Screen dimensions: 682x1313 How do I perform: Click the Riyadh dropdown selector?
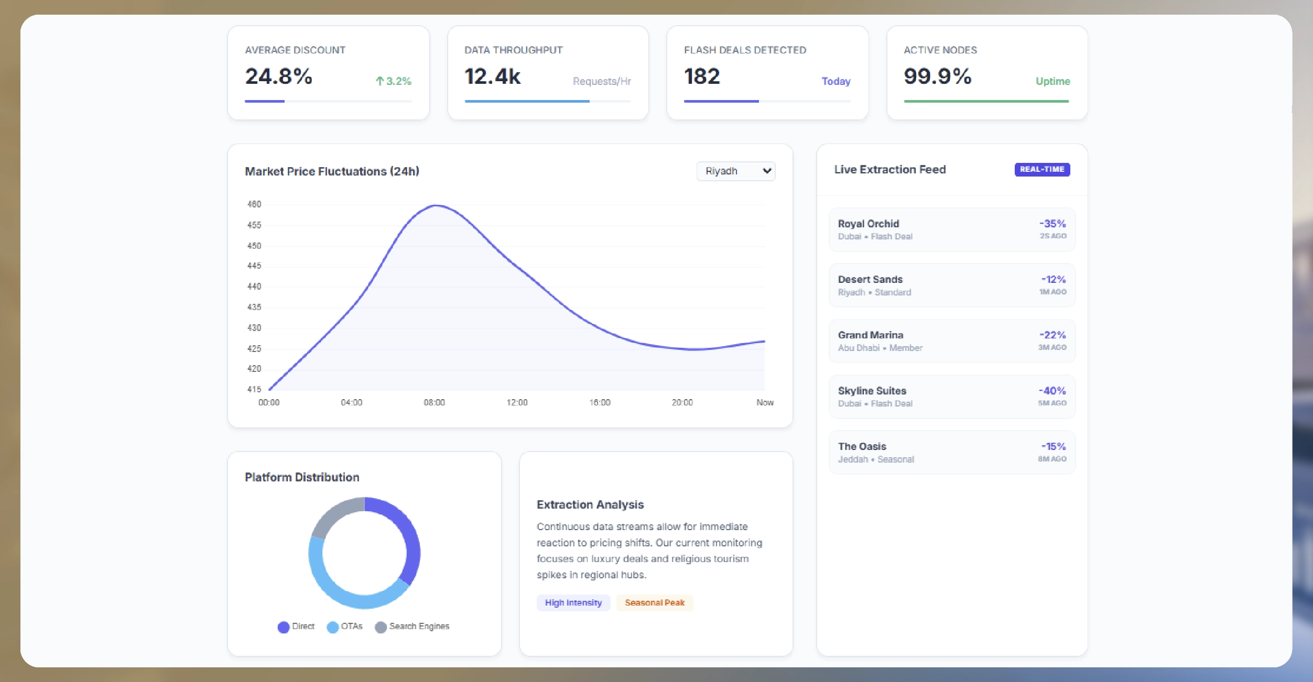click(735, 171)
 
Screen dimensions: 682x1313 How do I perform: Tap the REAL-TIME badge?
click(1041, 169)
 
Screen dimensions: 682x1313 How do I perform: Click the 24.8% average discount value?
click(278, 76)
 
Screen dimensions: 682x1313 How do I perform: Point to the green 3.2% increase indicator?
click(394, 81)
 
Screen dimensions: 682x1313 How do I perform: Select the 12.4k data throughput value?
click(492, 76)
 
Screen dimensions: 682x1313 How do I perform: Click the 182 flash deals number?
click(702, 76)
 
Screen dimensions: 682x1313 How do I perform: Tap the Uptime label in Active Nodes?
click(1052, 81)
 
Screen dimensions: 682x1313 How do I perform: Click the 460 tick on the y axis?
click(254, 204)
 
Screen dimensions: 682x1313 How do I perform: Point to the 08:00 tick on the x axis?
click(434, 402)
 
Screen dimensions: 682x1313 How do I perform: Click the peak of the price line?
click(436, 206)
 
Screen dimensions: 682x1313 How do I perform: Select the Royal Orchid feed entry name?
click(868, 224)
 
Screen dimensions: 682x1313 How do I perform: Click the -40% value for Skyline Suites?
click(1052, 391)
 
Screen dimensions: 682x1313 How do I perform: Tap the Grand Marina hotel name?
click(870, 335)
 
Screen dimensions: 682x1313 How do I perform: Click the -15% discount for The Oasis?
click(1053, 446)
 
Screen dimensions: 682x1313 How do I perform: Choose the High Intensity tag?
click(573, 602)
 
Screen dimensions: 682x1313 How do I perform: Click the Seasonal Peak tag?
click(654, 602)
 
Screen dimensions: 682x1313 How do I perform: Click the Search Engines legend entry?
click(413, 626)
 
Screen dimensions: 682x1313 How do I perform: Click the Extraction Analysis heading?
click(590, 504)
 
